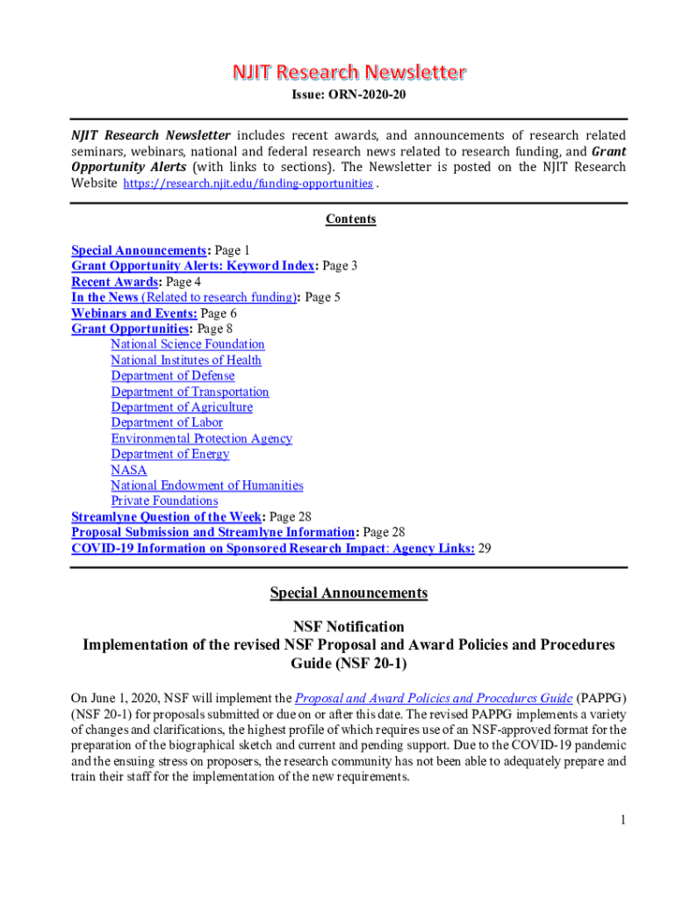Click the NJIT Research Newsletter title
[349, 72]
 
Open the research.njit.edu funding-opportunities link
[248, 183]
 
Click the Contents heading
[350, 219]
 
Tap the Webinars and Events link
[133, 313]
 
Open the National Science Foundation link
[187, 345]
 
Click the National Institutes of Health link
[185, 360]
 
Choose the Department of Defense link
[172, 376]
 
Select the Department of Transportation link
[190, 392]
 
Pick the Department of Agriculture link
[181, 407]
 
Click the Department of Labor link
[167, 422]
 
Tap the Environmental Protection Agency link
[201, 438]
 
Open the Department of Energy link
[169, 454]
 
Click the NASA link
[128, 470]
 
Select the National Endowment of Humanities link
[206, 485]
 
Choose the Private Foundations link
[164, 501]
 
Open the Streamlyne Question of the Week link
[168, 517]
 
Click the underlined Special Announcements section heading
[349, 593]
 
